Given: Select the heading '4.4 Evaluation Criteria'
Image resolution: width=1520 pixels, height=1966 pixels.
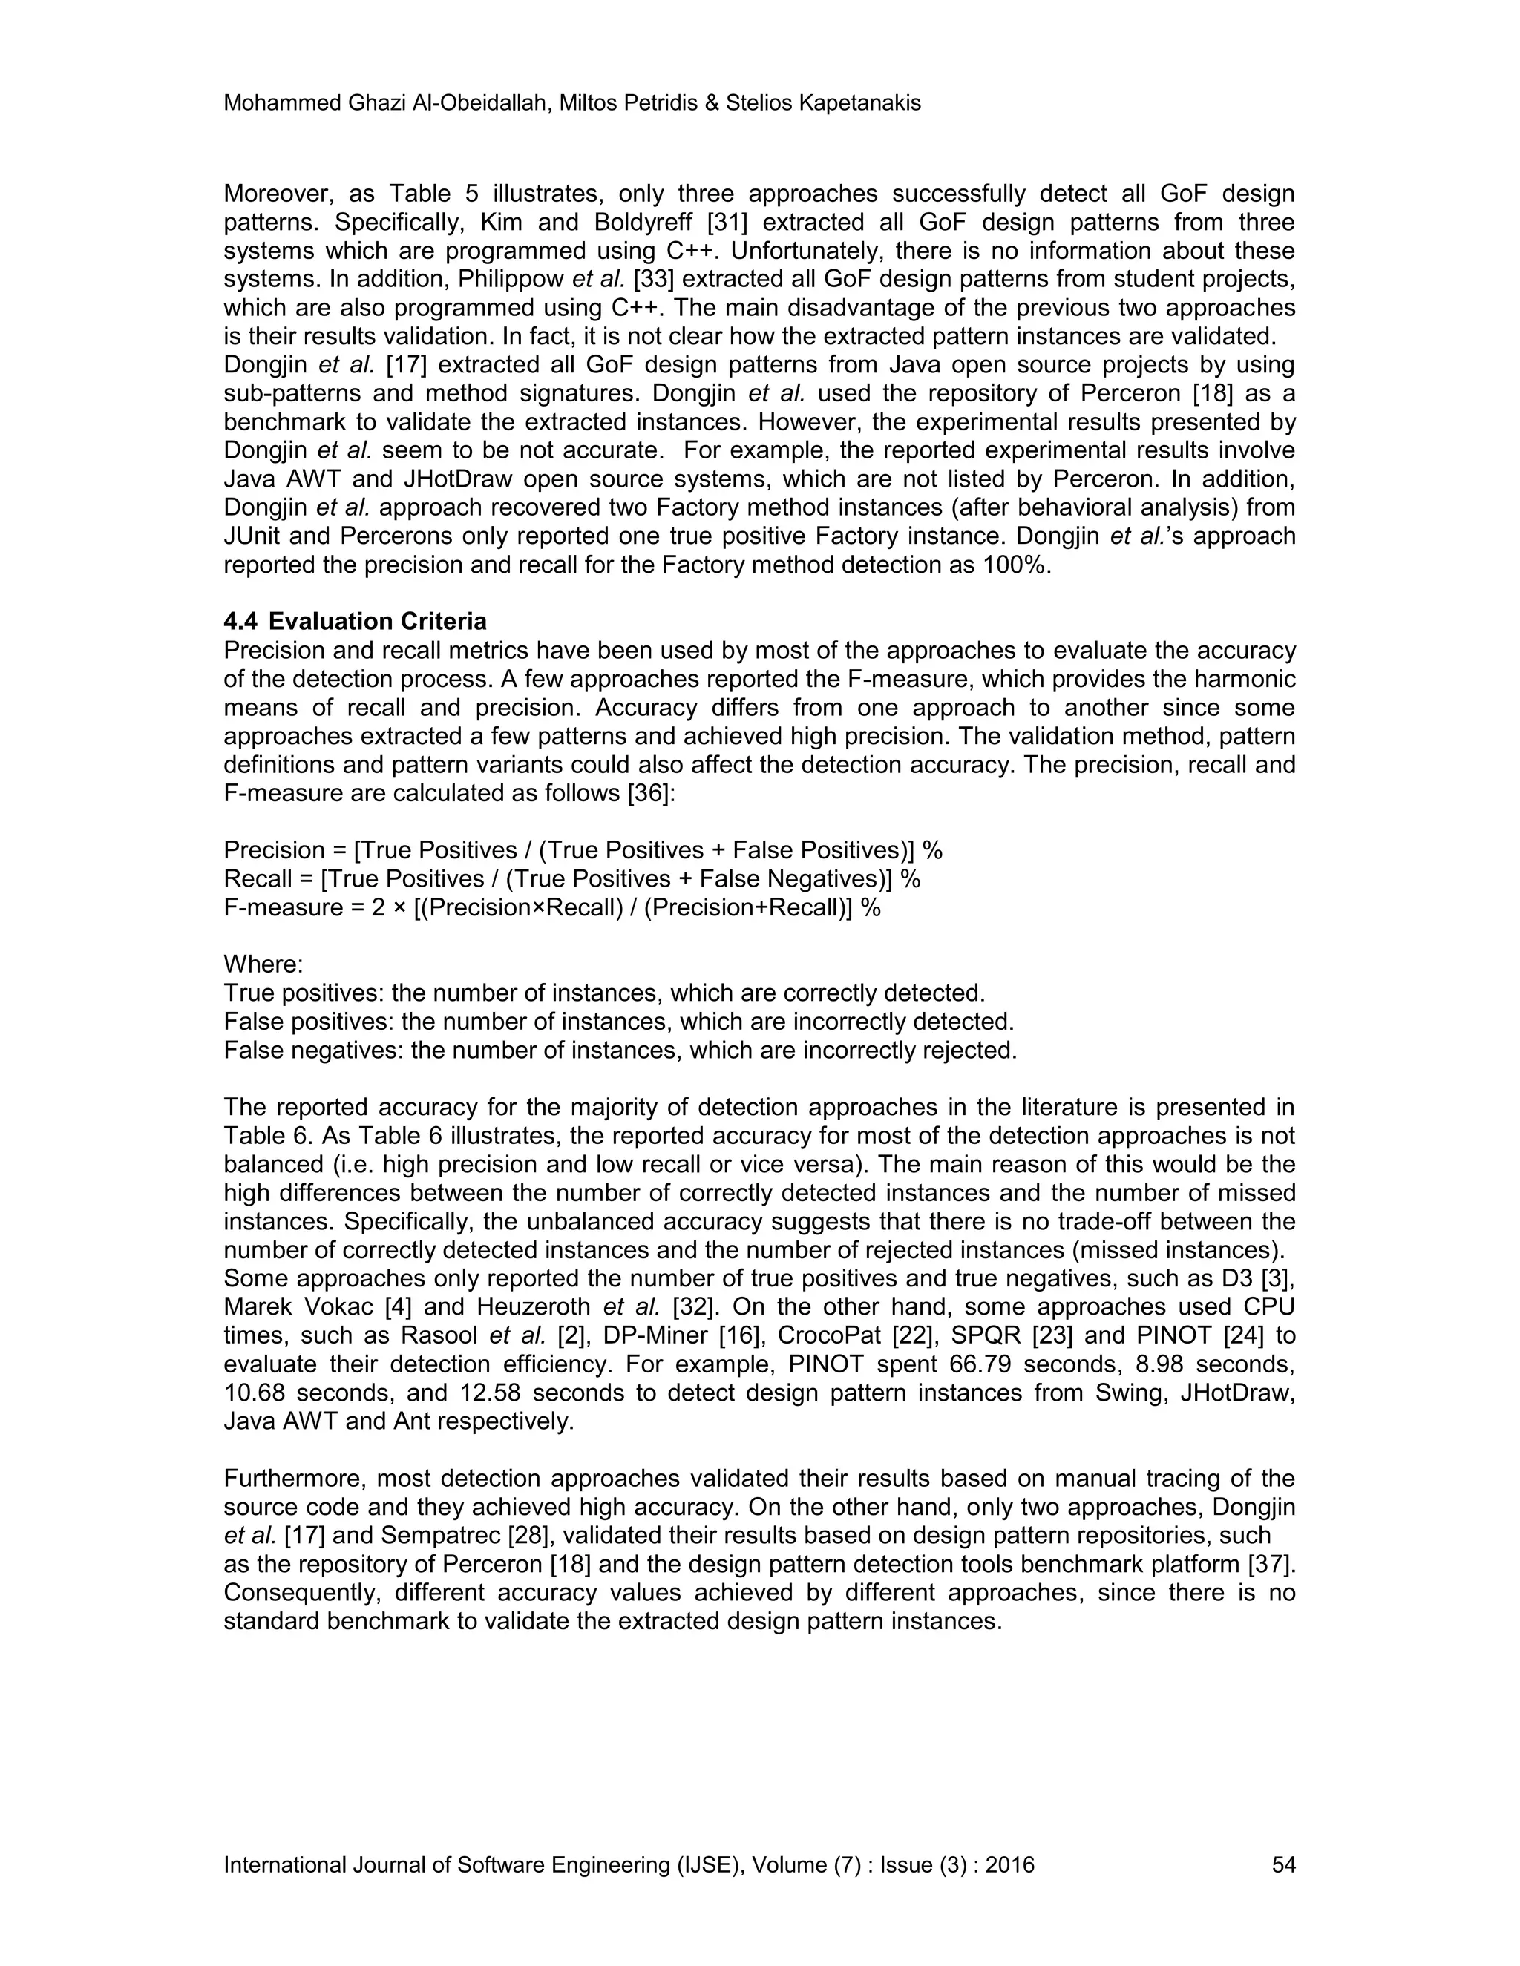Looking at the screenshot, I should click(x=355, y=621).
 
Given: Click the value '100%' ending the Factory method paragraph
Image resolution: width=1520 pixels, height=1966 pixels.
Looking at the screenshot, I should click(x=1019, y=565).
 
